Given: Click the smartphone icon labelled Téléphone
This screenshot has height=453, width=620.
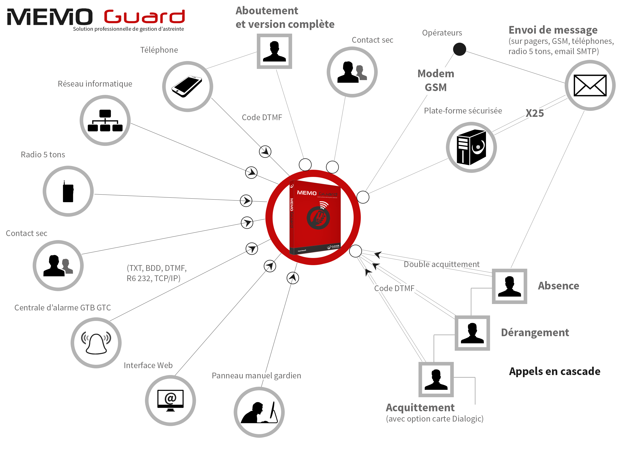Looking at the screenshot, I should point(187,86).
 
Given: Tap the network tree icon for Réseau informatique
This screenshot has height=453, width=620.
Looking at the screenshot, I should point(105,120).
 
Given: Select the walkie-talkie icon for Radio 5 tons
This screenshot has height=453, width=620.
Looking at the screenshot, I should point(68,191).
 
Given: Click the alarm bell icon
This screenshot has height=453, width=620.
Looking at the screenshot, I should point(96,343).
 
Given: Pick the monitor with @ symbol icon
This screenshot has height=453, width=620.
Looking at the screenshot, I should point(170,400).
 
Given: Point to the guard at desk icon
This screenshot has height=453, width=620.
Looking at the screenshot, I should point(259,412).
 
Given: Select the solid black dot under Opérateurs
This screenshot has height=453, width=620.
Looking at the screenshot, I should point(459,49).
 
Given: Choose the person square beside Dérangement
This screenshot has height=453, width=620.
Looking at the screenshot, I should point(472,333).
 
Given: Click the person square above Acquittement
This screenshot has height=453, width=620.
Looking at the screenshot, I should point(436,380).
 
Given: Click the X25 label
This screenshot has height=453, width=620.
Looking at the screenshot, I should point(534,113).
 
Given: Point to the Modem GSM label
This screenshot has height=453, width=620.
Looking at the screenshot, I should point(436,80).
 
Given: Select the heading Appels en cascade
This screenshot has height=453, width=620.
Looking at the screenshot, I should point(554,371).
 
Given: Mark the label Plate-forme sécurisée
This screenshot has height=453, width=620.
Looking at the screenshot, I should point(463,110).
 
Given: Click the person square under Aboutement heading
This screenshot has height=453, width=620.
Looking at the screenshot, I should point(274,51).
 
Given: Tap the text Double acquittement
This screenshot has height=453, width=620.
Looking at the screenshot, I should point(441,264).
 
